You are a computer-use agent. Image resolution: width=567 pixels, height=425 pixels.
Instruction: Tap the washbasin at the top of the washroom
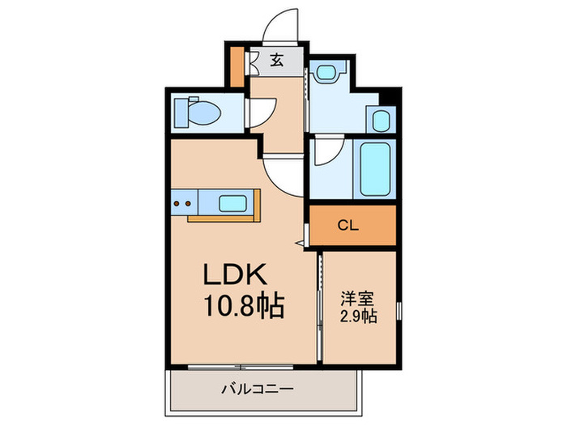click(x=328, y=73)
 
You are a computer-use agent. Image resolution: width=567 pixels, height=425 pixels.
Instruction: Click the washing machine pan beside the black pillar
click(x=382, y=121)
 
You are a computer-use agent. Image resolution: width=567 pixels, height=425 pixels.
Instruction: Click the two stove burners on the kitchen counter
click(x=183, y=202)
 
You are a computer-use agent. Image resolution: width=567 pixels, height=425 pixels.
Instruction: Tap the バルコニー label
click(x=258, y=389)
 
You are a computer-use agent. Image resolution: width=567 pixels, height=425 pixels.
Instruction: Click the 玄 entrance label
click(x=277, y=59)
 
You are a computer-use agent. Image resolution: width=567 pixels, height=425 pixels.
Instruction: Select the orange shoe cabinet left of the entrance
click(x=237, y=68)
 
